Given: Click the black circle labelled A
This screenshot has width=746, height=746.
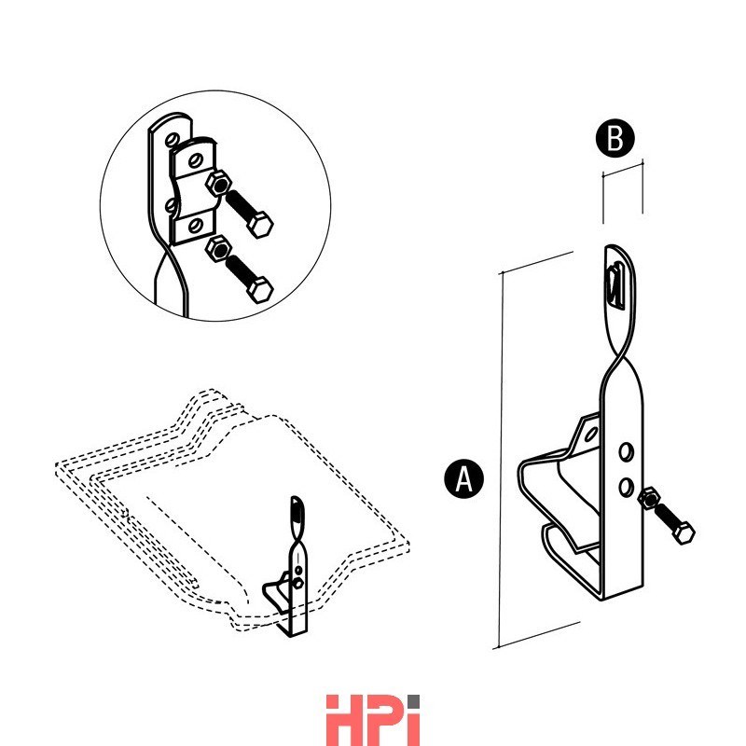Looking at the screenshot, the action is tap(463, 478).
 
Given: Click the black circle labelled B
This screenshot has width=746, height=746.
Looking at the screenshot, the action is tap(615, 138).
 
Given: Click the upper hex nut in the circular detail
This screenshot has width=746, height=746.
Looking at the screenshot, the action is tap(218, 184).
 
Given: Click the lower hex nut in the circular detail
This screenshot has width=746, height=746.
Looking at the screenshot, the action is tap(218, 249).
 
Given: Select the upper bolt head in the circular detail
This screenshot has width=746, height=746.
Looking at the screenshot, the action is tap(260, 225).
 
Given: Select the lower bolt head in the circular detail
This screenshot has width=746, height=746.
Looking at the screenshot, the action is tap(260, 290).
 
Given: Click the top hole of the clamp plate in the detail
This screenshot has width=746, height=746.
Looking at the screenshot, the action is tap(195, 160).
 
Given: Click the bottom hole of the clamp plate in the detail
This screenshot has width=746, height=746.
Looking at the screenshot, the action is tap(195, 226).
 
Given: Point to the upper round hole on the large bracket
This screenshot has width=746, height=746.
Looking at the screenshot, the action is tap(626, 451).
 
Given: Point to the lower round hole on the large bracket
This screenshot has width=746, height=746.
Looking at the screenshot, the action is tap(626, 486).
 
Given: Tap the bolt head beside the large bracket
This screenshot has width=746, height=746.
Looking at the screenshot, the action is tap(684, 532).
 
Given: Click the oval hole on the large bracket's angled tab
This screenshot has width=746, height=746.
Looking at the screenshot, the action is tap(591, 434).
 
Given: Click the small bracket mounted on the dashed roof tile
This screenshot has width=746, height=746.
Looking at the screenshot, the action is tap(288, 566).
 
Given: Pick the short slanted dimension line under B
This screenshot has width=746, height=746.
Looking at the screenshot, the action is tap(623, 169).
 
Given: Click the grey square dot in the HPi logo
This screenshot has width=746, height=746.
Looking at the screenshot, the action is tap(413, 701).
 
